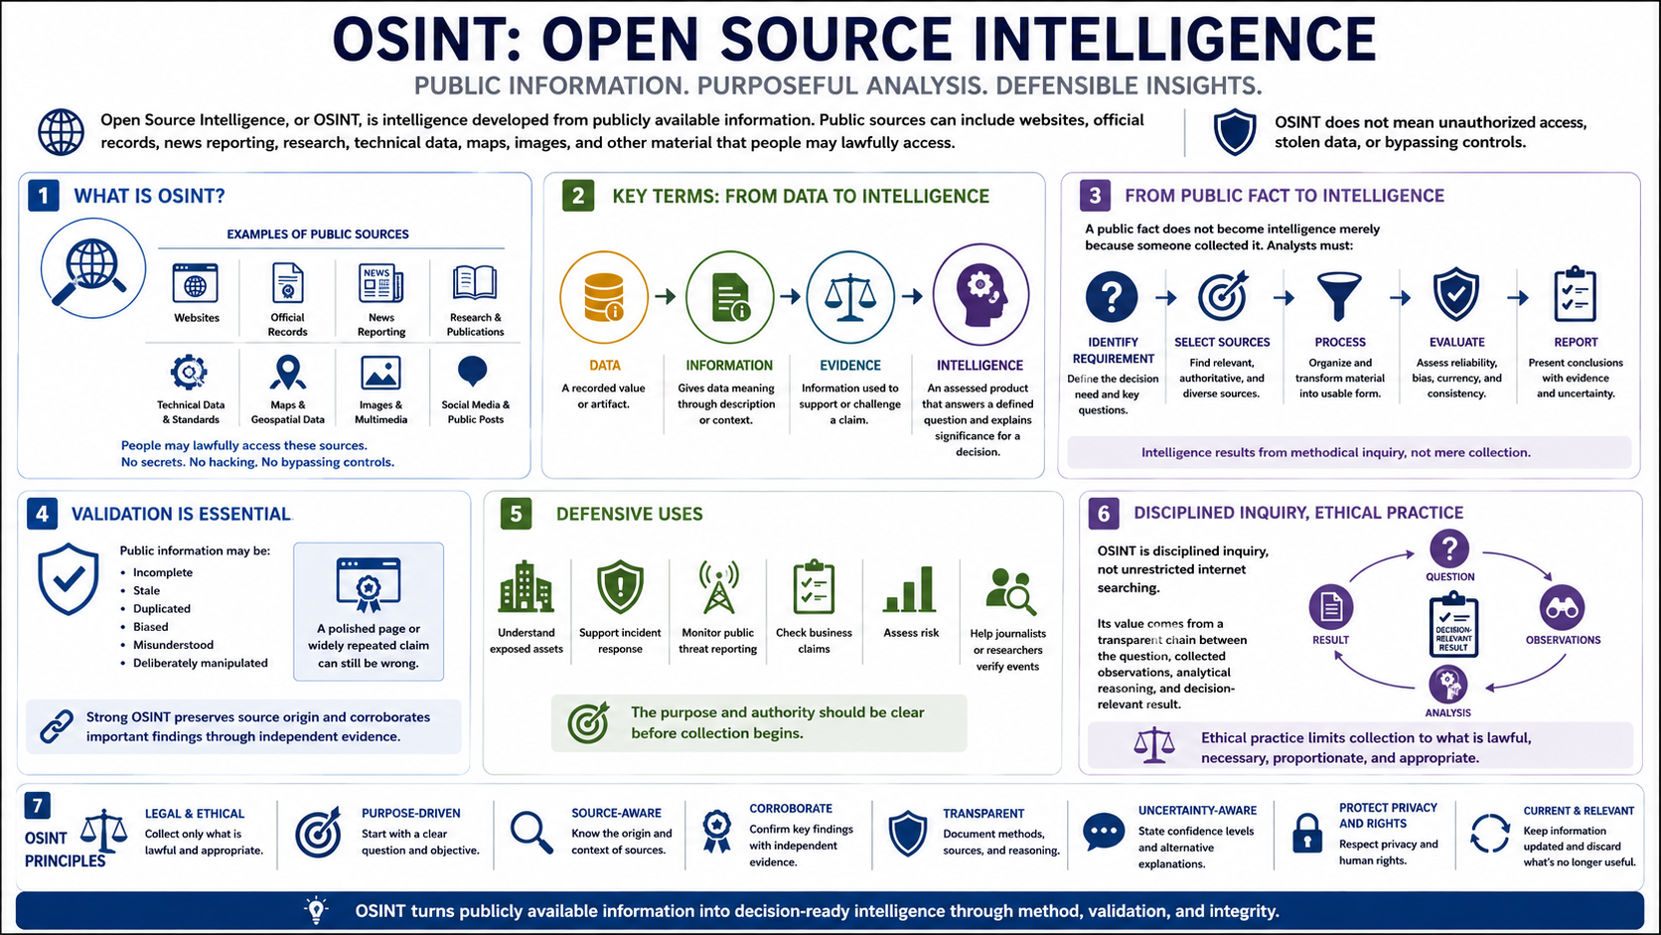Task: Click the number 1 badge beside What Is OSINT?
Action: point(44,196)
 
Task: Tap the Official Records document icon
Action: point(287,282)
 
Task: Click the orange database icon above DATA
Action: point(604,297)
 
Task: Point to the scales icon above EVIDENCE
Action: point(850,297)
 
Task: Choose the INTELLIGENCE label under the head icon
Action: point(980,366)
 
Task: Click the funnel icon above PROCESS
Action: point(1339,296)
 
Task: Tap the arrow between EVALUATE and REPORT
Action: point(1518,298)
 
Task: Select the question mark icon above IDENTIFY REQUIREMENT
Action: point(1112,296)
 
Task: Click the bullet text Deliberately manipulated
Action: point(201,663)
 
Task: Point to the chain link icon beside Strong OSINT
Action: point(57,726)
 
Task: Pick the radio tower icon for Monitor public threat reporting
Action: point(718,587)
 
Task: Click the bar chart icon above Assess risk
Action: point(910,589)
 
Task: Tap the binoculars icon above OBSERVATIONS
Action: point(1563,607)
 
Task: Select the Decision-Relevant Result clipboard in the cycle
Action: point(1453,624)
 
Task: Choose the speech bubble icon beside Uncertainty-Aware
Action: point(1104,832)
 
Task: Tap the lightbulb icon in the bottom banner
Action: point(316,910)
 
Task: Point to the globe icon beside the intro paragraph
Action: point(61,132)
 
